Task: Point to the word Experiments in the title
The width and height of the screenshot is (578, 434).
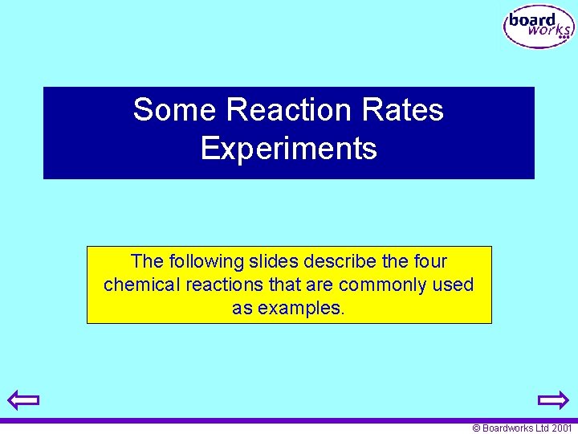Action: tap(289, 149)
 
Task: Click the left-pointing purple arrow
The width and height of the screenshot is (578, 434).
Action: tap(24, 399)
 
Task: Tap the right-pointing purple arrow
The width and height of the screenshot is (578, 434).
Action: tap(553, 399)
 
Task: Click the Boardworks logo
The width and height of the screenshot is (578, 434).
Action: tap(539, 27)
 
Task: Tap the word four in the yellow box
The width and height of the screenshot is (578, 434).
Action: tap(427, 261)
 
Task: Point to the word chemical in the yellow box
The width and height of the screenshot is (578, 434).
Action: tap(139, 285)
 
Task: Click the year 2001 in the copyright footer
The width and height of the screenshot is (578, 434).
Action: tap(562, 428)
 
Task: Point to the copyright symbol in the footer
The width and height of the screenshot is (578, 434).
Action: tap(476, 428)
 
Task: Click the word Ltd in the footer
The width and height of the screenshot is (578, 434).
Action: tap(542, 428)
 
